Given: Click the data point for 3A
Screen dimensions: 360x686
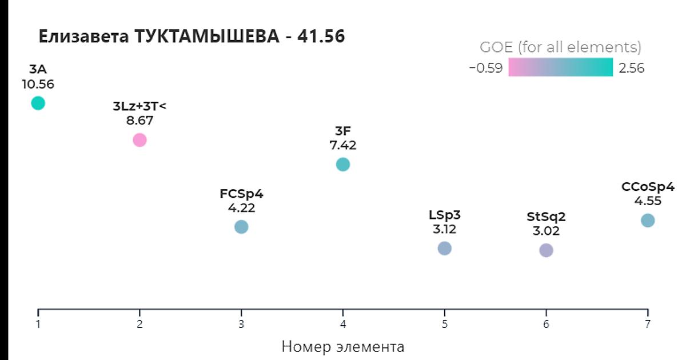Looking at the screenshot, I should [x=38, y=103].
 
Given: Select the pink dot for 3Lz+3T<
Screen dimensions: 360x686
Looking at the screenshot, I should [x=139, y=139].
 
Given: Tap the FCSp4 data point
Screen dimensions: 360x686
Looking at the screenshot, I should [x=241, y=227].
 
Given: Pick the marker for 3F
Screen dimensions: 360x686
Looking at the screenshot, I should [x=342, y=165].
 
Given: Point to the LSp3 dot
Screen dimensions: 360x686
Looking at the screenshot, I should [x=444, y=248].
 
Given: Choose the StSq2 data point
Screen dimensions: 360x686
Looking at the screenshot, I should [x=546, y=250].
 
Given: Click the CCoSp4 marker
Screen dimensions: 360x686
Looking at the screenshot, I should [x=647, y=220].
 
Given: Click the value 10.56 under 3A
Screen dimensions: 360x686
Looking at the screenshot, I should [x=38, y=85].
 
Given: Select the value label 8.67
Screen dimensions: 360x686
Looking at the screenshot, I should [x=139, y=121].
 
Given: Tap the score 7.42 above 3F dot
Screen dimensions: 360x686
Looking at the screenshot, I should [x=342, y=145].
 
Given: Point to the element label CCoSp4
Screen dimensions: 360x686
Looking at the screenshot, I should [x=648, y=187].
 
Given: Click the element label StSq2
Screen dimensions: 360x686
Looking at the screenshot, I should [x=546, y=217].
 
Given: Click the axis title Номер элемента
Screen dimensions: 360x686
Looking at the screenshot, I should [x=343, y=346].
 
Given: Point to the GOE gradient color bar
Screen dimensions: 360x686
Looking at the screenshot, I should [x=560, y=67].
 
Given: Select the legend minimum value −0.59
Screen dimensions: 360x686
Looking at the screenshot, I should [x=485, y=69].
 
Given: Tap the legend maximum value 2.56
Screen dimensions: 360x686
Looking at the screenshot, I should [x=631, y=69].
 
